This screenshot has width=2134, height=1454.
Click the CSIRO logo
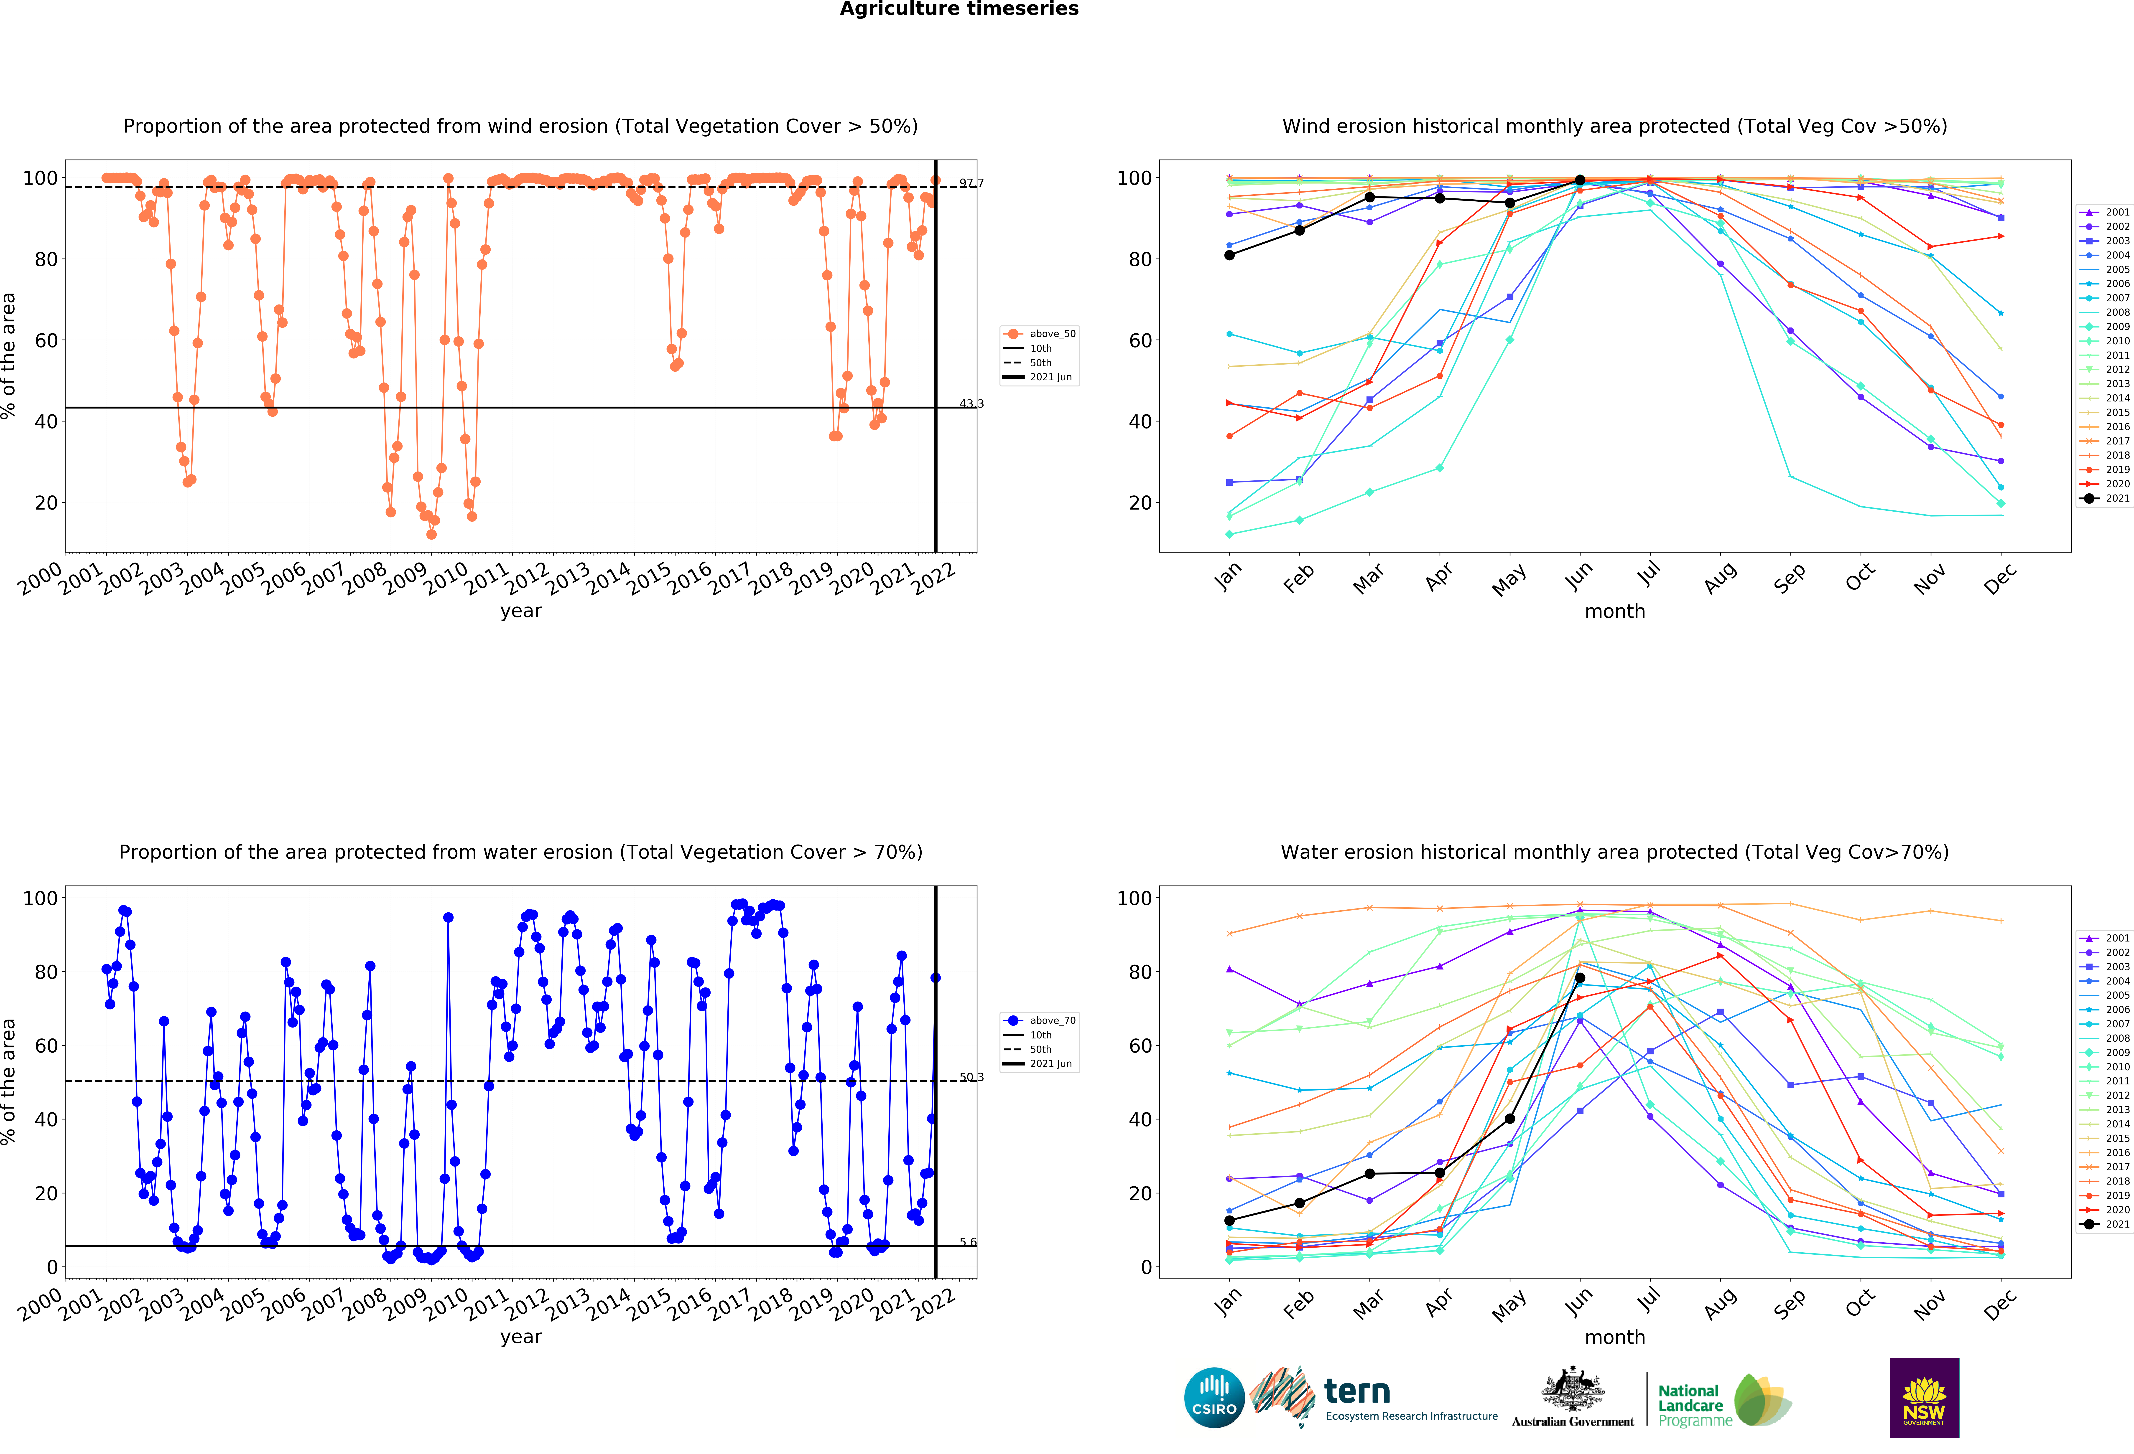tap(1214, 1398)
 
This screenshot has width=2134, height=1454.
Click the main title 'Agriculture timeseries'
tap(959, 9)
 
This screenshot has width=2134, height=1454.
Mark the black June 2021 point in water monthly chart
tap(1579, 978)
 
